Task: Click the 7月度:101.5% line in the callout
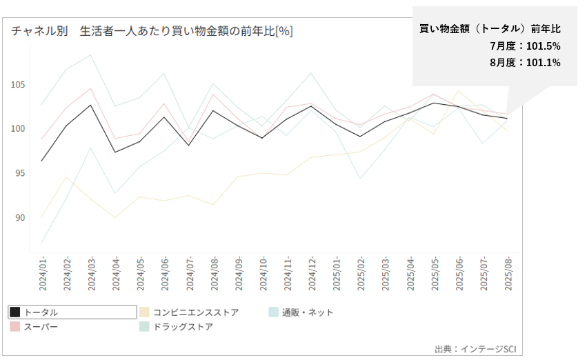(524, 46)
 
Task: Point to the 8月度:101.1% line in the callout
(524, 62)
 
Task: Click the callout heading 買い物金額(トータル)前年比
(490, 29)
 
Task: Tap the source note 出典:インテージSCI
(475, 348)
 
